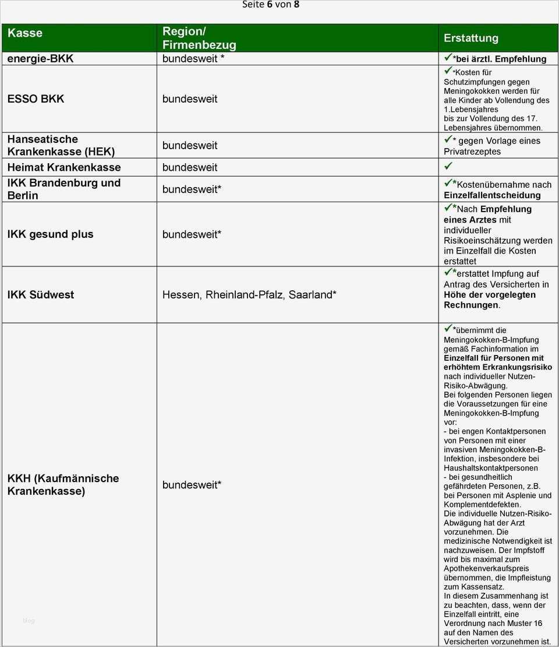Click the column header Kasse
[25, 33]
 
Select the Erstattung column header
[471, 38]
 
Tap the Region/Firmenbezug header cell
[199, 38]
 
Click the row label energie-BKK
[40, 59]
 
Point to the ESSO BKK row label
[36, 99]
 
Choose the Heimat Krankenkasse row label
[64, 168]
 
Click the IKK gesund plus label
[50, 234]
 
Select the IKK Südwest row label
[41, 295]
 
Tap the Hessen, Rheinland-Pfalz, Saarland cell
[249, 295]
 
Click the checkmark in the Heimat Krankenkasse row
[448, 167]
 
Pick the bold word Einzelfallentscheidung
[492, 195]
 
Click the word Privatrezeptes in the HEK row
[472, 152]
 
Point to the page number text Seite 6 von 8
[271, 5]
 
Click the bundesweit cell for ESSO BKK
[190, 99]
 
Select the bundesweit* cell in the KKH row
[192, 485]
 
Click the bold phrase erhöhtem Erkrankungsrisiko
[498, 367]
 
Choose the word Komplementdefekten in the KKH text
[482, 505]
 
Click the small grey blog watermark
[29, 621]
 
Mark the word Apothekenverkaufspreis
[486, 568]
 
